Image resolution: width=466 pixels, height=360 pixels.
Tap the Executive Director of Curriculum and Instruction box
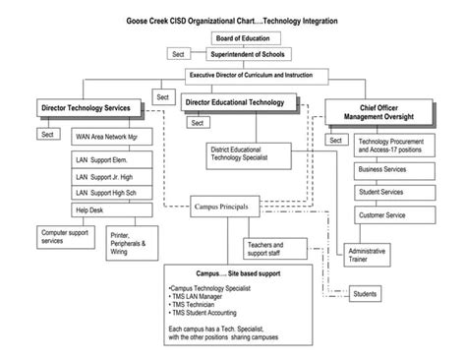[257, 75]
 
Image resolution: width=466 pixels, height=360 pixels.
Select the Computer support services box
[65, 237]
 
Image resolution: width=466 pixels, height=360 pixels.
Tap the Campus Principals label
[226, 208]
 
